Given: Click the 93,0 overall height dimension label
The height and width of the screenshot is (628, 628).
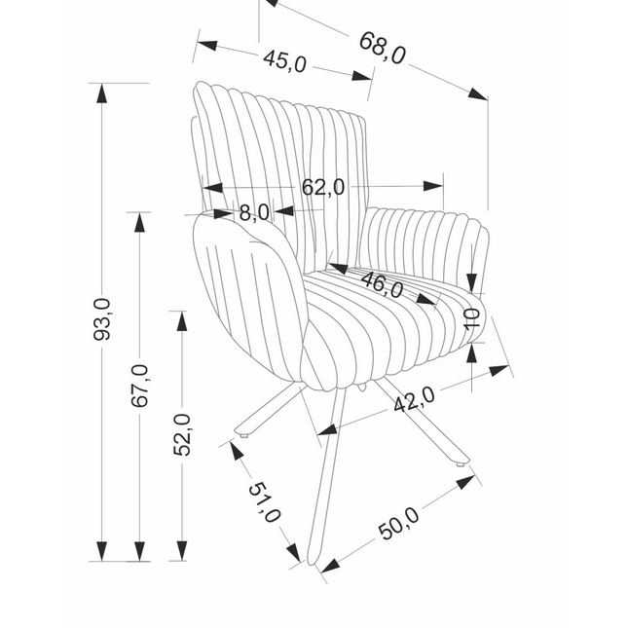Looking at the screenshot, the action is pyautogui.click(x=101, y=319).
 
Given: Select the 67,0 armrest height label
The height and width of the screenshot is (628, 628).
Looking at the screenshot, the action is pyautogui.click(x=140, y=386).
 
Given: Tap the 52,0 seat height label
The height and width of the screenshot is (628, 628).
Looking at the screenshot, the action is pyautogui.click(x=182, y=434).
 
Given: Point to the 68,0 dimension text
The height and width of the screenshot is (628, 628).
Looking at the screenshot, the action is pyautogui.click(x=382, y=48).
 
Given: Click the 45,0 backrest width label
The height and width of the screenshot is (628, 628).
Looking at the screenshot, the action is pyautogui.click(x=284, y=61).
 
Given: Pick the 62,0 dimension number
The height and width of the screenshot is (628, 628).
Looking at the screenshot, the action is pyautogui.click(x=323, y=187).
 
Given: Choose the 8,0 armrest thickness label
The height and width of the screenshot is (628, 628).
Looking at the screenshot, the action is pyautogui.click(x=254, y=212).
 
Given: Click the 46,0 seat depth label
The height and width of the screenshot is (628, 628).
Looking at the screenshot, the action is pyautogui.click(x=382, y=284).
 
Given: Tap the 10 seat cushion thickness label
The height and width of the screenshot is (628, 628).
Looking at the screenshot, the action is pyautogui.click(x=472, y=318).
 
